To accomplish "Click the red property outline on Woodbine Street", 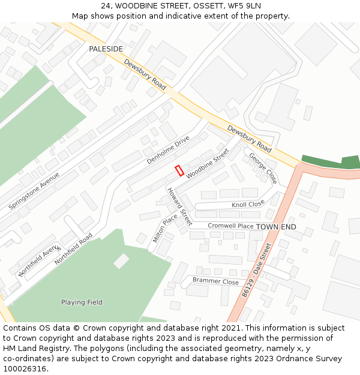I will (x=179, y=170).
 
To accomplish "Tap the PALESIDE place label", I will (x=106, y=49).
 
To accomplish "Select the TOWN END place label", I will (x=276, y=227).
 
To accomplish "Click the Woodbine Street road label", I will (x=208, y=163).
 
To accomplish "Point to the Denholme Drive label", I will (x=168, y=150).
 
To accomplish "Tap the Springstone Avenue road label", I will (x=34, y=191).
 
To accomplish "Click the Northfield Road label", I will (x=74, y=249).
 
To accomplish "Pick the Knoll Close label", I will (x=248, y=205).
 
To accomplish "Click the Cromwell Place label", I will (x=230, y=226).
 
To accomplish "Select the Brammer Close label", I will (x=215, y=281).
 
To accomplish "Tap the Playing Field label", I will (x=82, y=302).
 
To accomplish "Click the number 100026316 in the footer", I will (x=24, y=368).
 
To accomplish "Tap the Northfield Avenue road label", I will (x=40, y=260).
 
